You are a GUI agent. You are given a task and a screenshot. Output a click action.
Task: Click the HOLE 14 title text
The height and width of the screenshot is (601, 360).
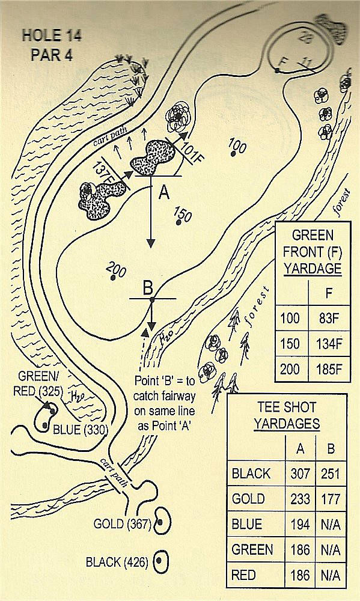click(51, 35)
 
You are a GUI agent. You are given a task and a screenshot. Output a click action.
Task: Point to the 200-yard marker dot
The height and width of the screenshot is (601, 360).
click(112, 277)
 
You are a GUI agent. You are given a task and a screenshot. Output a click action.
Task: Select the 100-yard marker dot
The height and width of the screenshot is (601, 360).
click(233, 154)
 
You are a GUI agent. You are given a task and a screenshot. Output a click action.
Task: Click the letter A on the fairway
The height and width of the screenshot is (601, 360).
click(164, 193)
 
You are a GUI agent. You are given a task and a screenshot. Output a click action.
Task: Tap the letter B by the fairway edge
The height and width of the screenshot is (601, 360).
click(148, 288)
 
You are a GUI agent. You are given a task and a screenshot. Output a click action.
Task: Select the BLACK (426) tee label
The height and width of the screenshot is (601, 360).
click(117, 563)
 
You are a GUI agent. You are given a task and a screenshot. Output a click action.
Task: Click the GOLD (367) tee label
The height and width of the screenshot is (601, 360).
click(123, 524)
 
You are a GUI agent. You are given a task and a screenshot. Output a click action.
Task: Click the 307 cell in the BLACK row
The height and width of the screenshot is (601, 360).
click(300, 474)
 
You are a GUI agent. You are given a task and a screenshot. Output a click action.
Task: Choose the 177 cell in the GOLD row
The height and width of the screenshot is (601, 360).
click(331, 499)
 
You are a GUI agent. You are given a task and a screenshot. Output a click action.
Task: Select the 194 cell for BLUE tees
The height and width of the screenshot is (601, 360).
click(300, 524)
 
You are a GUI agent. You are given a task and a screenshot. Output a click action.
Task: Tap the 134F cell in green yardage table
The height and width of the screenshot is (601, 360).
click(329, 344)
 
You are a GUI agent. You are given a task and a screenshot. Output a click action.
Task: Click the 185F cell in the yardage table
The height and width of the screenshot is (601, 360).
click(329, 370)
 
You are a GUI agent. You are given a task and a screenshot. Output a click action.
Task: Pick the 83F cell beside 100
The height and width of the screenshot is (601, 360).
click(329, 319)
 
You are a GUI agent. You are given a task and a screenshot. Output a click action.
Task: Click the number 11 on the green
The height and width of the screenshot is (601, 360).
click(305, 61)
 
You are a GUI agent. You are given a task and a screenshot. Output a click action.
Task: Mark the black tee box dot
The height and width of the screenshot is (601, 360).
click(159, 561)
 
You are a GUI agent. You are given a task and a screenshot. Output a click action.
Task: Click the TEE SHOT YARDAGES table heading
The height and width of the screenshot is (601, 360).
click(287, 415)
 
